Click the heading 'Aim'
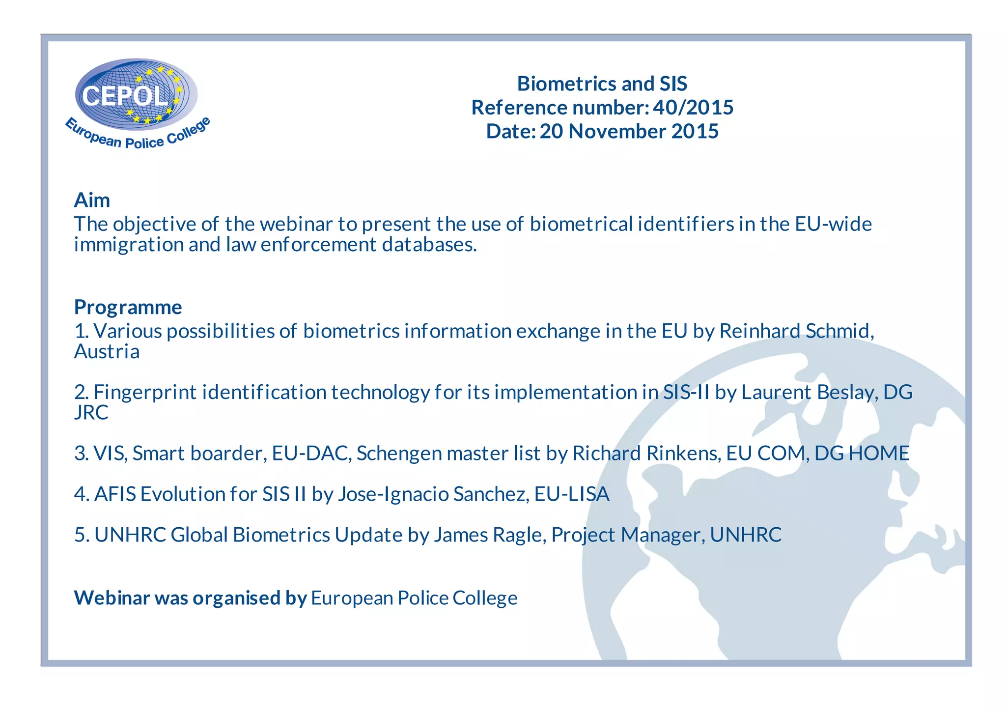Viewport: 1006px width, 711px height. tap(92, 200)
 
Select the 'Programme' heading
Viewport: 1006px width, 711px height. tap(128, 307)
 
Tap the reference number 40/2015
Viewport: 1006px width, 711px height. tap(693, 108)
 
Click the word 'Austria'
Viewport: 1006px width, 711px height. tap(107, 352)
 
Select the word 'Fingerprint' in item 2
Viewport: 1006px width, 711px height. tap(145, 392)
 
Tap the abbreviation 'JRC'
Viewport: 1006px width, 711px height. tap(91, 413)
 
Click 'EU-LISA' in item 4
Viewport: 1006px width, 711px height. tap(572, 494)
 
